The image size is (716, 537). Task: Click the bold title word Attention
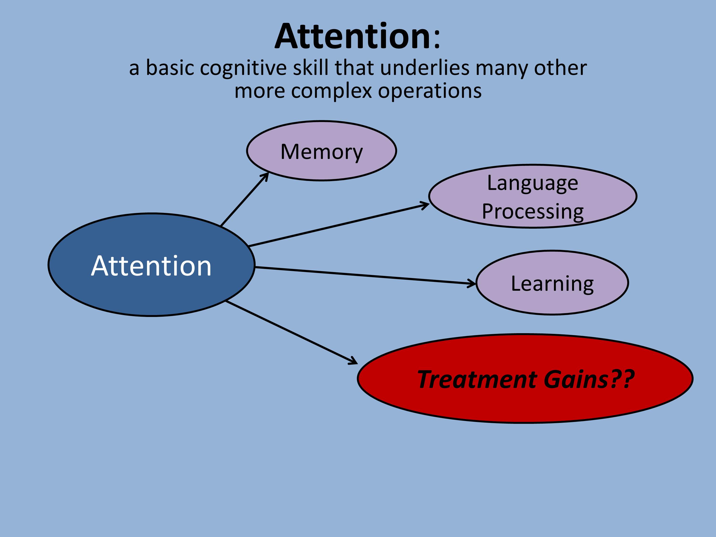pyautogui.click(x=353, y=36)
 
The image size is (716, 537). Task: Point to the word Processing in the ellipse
pyautogui.click(x=532, y=211)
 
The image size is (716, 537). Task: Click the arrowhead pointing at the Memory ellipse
pyautogui.click(x=266, y=176)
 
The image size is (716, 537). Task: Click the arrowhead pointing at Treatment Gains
pyautogui.click(x=354, y=362)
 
